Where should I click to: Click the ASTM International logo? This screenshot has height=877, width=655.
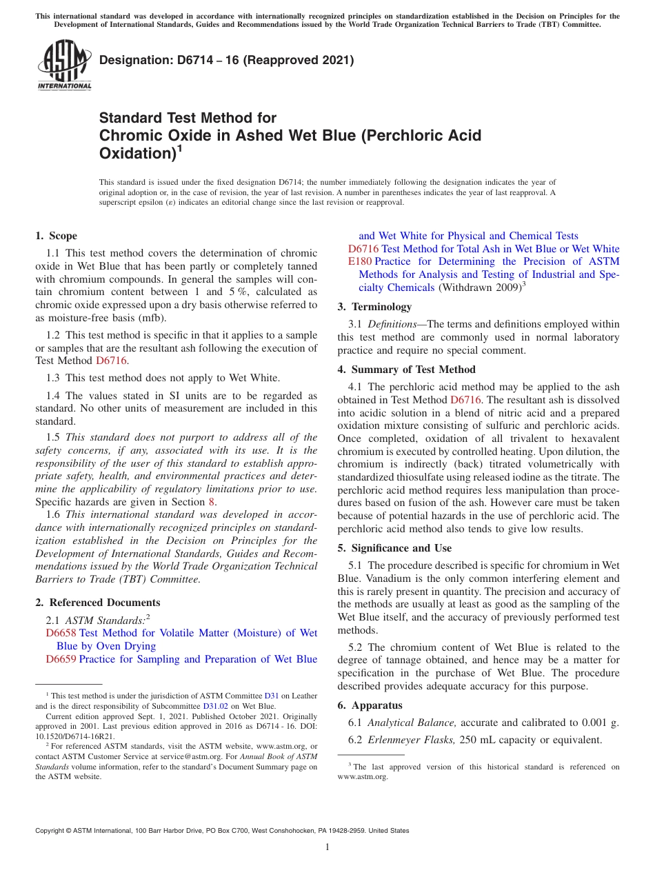tap(63, 65)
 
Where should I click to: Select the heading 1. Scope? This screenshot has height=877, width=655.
tap(57, 236)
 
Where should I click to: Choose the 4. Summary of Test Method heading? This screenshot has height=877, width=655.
tap(406, 370)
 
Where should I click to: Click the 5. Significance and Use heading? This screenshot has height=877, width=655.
tap(394, 548)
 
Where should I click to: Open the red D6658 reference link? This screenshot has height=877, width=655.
tap(61, 633)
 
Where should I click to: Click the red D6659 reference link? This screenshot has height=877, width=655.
tap(61, 659)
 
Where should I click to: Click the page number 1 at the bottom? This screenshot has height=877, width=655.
tap(327, 847)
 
